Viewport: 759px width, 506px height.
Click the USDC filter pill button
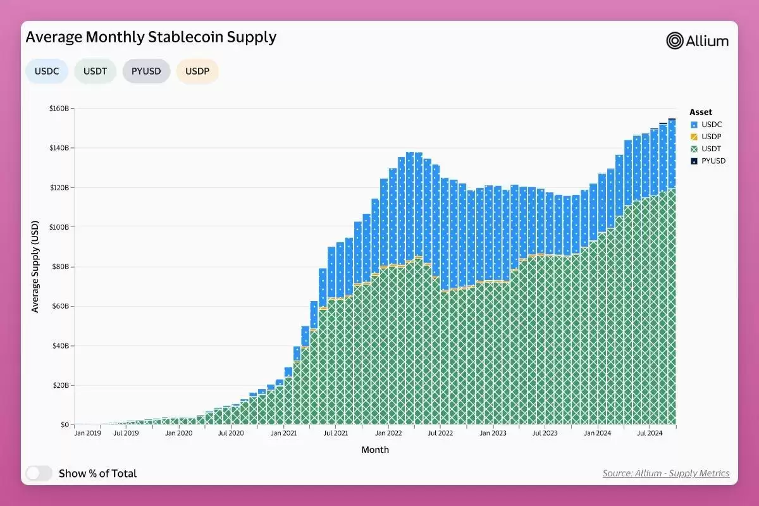tap(47, 71)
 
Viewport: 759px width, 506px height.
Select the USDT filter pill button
tap(95, 71)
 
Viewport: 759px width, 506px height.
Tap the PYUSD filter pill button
tap(146, 71)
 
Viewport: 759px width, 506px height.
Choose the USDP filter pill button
tap(197, 71)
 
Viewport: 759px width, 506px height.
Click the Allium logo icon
tap(676, 41)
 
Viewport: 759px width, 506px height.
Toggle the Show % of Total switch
tap(39, 473)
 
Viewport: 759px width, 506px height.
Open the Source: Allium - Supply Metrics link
tap(665, 473)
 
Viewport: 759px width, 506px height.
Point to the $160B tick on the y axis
tap(61, 109)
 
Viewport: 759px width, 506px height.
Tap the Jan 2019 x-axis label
tap(88, 433)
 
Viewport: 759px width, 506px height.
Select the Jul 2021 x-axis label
tap(335, 433)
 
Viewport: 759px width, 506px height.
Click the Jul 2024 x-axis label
tap(649, 433)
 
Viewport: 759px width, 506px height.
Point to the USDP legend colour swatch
tap(694, 137)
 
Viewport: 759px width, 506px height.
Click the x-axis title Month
tap(375, 450)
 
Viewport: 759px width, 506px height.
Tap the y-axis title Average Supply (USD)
tap(35, 266)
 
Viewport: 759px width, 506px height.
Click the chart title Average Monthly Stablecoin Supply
tap(151, 37)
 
